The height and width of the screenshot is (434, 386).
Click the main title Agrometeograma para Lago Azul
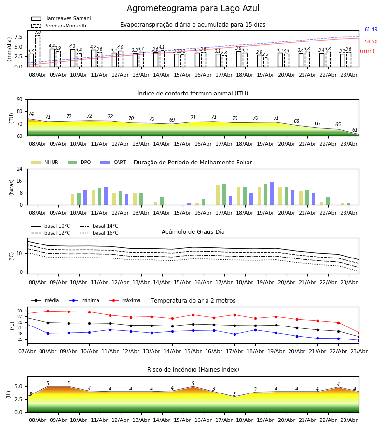point(193,8)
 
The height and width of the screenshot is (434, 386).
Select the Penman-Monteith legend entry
point(59,26)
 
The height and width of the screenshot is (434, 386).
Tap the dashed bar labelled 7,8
point(38,51)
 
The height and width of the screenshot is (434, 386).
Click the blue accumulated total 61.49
point(371,29)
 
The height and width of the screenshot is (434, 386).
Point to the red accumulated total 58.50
point(371,42)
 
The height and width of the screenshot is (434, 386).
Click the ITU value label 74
point(31,114)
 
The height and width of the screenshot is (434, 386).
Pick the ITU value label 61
point(355,130)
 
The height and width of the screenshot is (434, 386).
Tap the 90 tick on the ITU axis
point(20,100)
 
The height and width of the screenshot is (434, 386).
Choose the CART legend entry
point(113,162)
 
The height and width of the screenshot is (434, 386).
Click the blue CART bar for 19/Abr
point(272,194)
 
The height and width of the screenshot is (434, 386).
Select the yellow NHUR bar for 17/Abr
point(218,195)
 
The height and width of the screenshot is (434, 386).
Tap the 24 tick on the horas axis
point(20,169)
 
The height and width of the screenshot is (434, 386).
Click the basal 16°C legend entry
point(99,233)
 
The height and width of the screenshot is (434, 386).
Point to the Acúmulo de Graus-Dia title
point(193,232)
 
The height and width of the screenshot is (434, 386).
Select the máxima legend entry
point(124,300)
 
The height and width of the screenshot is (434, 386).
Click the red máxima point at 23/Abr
point(359,333)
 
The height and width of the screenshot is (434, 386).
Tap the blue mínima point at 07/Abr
point(27,324)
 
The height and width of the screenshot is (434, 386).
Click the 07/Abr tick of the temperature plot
point(27,351)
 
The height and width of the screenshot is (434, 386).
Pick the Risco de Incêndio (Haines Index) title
point(193,370)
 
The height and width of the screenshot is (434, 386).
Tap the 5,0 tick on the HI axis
point(18,387)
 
